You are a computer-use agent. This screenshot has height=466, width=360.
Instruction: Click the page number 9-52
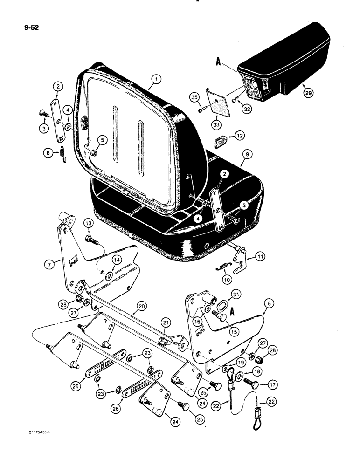pyautogui.click(x=31, y=27)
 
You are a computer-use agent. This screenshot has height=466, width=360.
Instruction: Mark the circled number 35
pyautogui.click(x=194, y=97)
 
